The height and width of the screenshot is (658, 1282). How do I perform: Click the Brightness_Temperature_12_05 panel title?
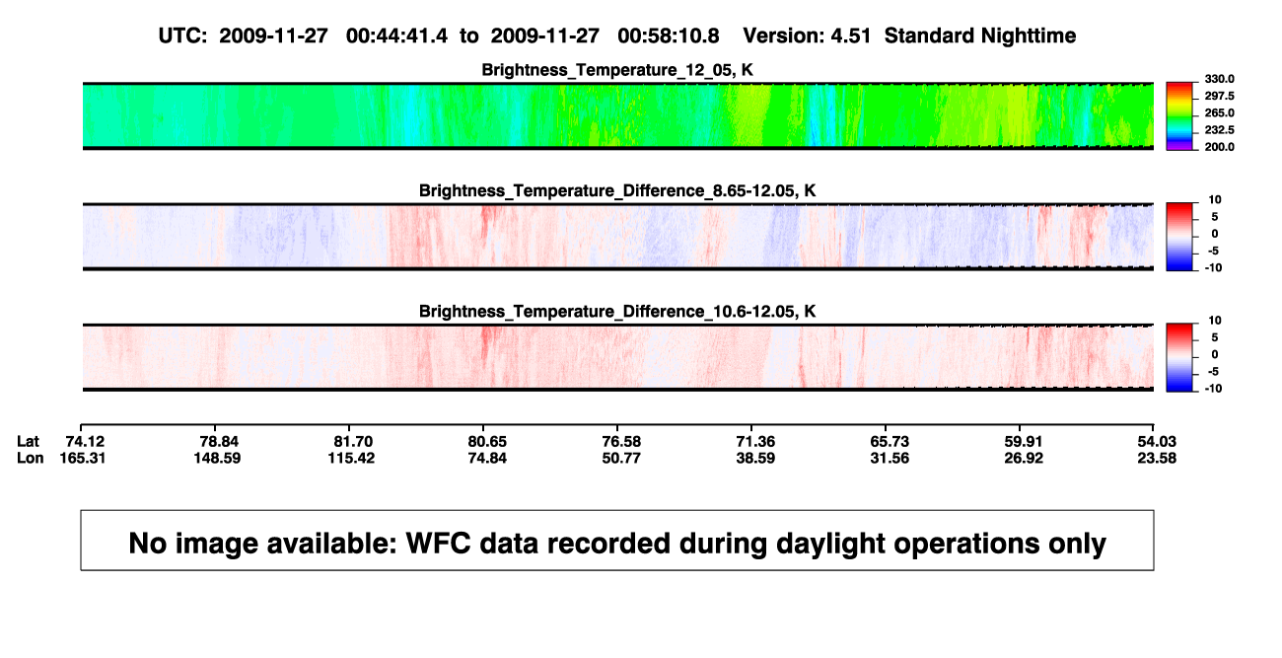click(x=617, y=70)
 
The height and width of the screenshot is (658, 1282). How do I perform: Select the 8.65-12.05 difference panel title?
click(x=617, y=190)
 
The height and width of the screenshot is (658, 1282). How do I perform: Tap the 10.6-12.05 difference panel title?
click(x=617, y=312)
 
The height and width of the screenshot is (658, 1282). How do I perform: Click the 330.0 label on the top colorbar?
click(x=1219, y=79)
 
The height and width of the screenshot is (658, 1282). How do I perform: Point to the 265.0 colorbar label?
click(x=1219, y=112)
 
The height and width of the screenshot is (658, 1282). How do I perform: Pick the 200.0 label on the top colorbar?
click(x=1219, y=147)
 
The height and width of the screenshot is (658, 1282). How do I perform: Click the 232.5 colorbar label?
click(x=1219, y=130)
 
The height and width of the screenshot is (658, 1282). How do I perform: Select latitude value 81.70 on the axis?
click(x=353, y=442)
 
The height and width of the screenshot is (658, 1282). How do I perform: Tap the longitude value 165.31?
click(x=83, y=458)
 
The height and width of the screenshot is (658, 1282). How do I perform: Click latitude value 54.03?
click(x=1157, y=442)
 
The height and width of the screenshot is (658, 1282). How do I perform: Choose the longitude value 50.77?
click(x=621, y=458)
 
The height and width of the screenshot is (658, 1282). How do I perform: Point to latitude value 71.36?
click(x=754, y=442)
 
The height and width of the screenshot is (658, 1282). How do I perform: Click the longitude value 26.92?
click(x=1024, y=458)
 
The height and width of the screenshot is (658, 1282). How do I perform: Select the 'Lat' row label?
click(x=28, y=442)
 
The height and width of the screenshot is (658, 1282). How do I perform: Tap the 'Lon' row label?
click(x=30, y=458)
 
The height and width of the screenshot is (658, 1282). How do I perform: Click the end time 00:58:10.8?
click(x=668, y=37)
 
